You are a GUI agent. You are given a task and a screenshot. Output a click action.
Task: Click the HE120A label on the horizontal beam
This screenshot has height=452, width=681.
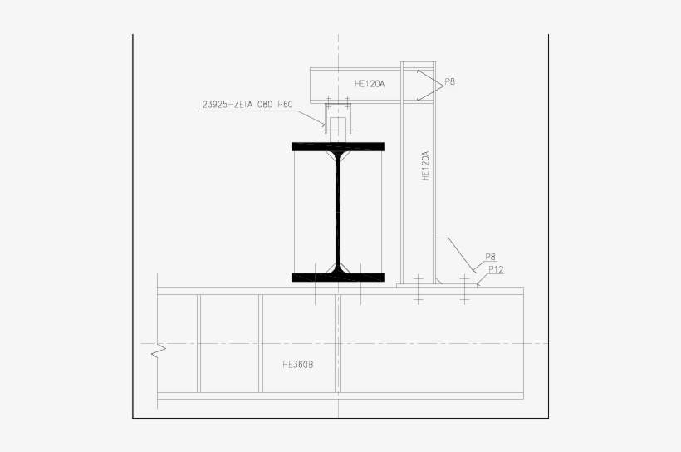[x=370, y=83]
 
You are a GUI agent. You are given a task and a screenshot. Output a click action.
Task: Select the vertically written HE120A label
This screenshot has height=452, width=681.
[x=424, y=166]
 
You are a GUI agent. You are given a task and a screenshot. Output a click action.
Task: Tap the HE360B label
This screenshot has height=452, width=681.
[x=298, y=364]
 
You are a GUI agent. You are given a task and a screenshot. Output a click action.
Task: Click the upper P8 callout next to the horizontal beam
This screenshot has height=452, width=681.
[x=449, y=81]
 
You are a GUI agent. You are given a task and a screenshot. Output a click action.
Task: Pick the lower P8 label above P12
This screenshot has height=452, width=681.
[x=490, y=258]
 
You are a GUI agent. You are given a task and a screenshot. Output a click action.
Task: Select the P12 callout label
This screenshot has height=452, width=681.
[x=496, y=268]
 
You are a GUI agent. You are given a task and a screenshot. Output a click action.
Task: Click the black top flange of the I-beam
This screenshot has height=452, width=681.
[x=337, y=146]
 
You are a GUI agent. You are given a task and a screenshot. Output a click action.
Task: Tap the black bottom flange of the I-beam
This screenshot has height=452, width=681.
[x=337, y=277]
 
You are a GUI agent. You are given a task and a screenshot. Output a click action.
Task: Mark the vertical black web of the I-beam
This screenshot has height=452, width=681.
[x=338, y=208]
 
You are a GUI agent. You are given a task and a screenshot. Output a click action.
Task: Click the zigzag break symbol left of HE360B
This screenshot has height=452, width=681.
[x=158, y=352]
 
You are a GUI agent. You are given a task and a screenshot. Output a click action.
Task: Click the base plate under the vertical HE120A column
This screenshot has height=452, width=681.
[x=438, y=285]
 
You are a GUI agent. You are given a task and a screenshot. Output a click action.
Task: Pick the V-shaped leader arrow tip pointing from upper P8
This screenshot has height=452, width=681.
[x=418, y=84]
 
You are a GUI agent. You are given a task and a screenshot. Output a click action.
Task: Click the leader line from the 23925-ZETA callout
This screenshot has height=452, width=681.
[x=315, y=116]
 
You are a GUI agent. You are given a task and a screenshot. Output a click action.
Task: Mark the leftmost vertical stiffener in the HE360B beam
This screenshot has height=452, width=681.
[x=198, y=342]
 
